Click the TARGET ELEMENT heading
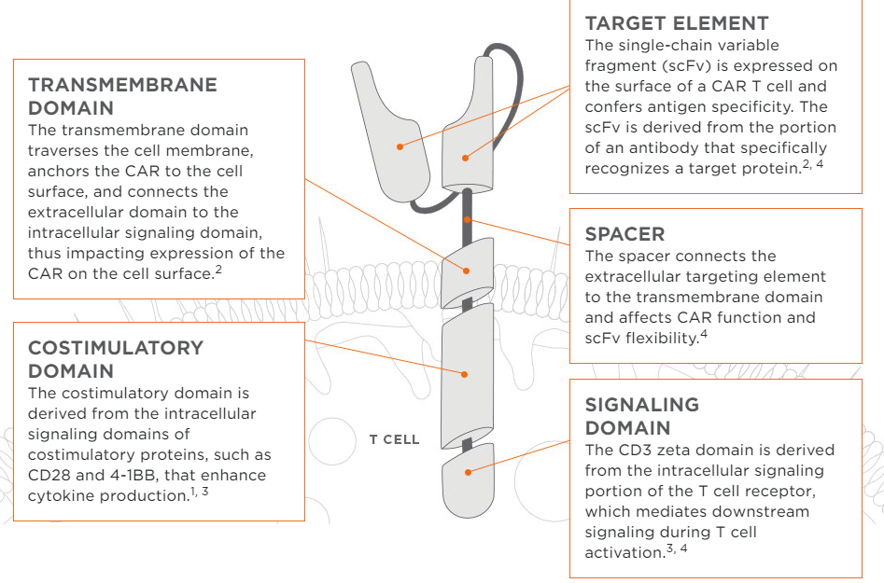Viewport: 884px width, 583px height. pyautogui.click(x=677, y=23)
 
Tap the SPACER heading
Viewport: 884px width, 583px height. pyautogui.click(x=624, y=233)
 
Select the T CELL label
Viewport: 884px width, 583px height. pyautogui.click(x=394, y=439)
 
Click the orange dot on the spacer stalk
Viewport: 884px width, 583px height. pyautogui.click(x=468, y=220)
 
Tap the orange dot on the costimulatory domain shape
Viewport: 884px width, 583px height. pyautogui.click(x=464, y=373)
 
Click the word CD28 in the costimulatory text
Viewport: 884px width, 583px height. pyautogui.click(x=49, y=475)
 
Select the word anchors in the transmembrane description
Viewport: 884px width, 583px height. pyautogui.click(x=58, y=171)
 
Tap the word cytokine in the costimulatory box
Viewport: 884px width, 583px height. pyautogui.click(x=60, y=495)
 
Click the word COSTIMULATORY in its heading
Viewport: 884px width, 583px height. pyautogui.click(x=116, y=348)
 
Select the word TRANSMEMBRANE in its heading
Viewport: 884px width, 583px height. pyautogui.click(x=122, y=85)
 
